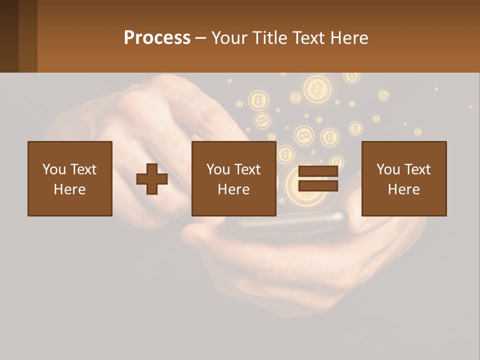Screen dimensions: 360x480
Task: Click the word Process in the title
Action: pos(157,38)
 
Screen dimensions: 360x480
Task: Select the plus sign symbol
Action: pos(152,179)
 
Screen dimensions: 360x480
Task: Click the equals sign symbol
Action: pos(318,179)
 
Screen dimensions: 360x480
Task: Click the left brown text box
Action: pos(70,178)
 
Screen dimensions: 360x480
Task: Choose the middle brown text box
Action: pos(234,178)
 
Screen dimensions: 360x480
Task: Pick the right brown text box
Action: pos(404,178)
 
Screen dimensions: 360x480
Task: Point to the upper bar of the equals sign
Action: pos(318,171)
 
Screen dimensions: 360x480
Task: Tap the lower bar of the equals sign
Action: pos(318,186)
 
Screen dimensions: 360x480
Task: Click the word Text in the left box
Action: pos(83,169)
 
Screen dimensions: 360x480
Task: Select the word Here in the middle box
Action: pos(234,189)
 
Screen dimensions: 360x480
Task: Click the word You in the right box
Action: pos(388,169)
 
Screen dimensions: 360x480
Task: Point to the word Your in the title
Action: pos(228,38)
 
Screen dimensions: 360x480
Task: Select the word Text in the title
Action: pos(308,38)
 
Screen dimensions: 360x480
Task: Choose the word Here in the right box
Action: pos(404,189)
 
